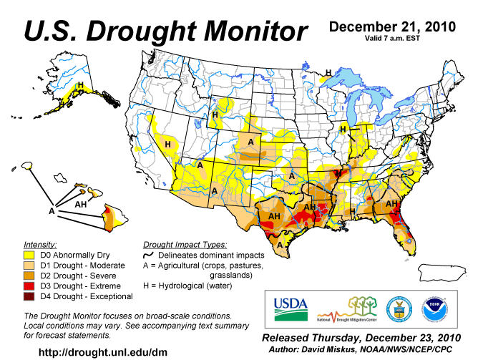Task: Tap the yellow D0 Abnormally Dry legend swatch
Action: point(30,255)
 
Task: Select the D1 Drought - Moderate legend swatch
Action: point(30,265)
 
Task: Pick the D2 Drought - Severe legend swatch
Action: point(30,276)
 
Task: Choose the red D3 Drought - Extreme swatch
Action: point(30,286)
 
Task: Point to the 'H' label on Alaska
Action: point(80,86)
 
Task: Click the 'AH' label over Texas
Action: point(274,216)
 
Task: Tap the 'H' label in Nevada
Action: point(167,144)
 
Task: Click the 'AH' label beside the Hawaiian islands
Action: point(82,204)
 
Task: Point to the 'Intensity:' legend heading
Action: point(41,244)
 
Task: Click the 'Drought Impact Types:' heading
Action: point(185,244)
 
